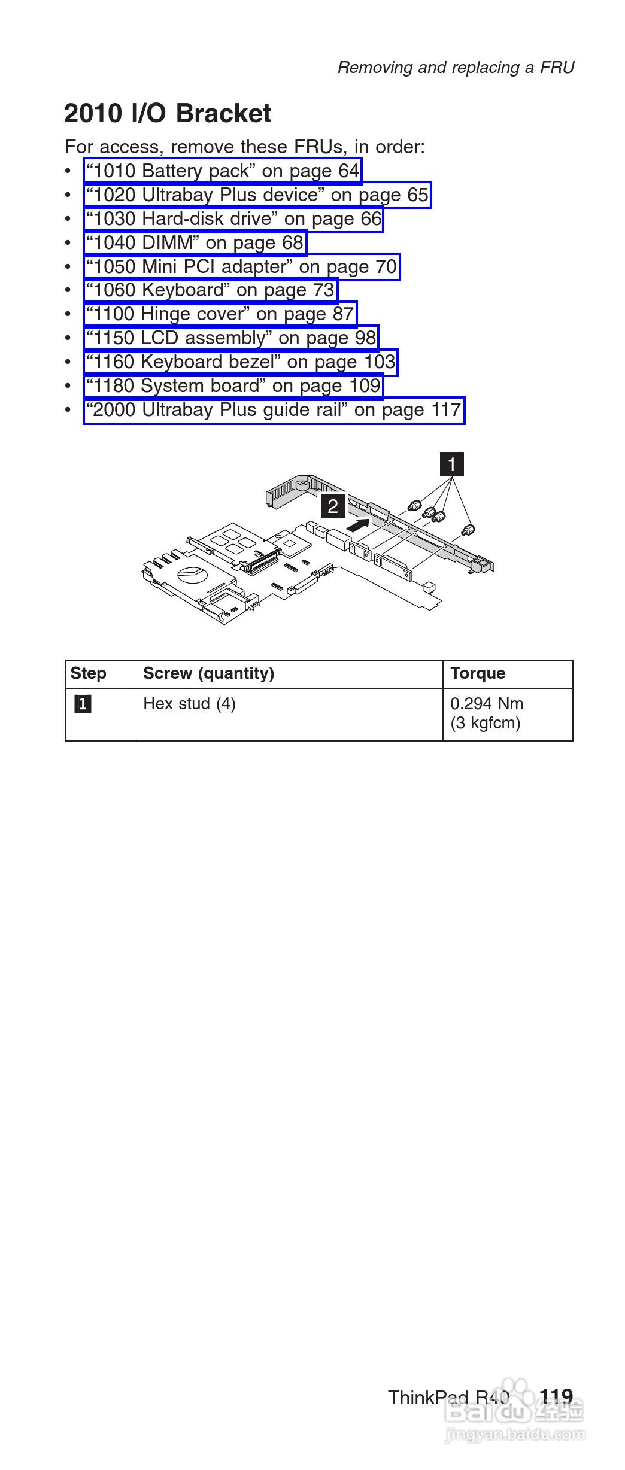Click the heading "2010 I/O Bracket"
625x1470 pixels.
click(168, 114)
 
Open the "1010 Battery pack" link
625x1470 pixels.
click(223, 171)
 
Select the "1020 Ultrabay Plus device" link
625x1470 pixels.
click(257, 195)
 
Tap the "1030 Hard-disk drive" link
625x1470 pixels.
click(233, 219)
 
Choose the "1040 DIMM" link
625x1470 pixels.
click(195, 243)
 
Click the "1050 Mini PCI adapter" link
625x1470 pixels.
click(241, 267)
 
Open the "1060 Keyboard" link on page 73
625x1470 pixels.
click(210, 290)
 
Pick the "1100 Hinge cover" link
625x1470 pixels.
click(220, 314)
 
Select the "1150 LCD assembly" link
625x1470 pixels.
click(231, 338)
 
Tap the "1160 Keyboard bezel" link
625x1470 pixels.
click(241, 362)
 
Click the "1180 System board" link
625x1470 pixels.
click(233, 386)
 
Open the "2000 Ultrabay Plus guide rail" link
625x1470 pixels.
click(274, 410)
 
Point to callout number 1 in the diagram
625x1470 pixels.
click(452, 464)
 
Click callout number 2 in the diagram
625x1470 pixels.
click(333, 506)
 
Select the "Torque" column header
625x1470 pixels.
click(478, 673)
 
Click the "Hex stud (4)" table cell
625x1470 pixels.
click(189, 703)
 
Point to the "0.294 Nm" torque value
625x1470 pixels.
click(487, 703)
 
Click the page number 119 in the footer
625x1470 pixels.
click(556, 1397)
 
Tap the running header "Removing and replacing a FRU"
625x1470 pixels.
click(456, 68)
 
